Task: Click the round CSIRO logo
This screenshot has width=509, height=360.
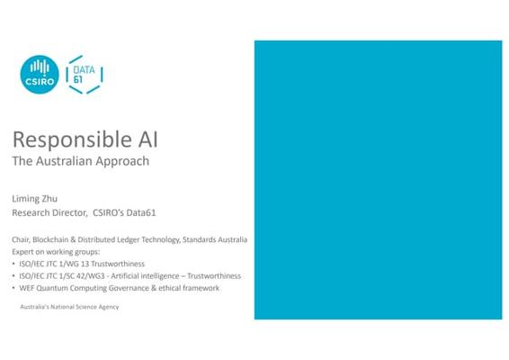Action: click(40, 75)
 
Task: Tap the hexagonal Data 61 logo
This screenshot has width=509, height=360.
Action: click(85, 75)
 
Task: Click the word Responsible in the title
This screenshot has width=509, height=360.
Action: click(72, 140)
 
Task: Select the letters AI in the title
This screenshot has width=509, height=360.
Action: click(148, 139)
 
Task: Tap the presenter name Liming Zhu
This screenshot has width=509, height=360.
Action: click(35, 199)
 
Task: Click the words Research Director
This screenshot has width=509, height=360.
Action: click(49, 212)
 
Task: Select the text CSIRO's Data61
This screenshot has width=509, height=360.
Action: click(124, 212)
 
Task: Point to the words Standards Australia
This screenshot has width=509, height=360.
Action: click(215, 239)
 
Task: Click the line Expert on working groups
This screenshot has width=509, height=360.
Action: click(56, 252)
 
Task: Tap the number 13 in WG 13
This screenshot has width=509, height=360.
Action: click(85, 264)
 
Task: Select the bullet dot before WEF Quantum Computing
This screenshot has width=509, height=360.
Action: click(13, 287)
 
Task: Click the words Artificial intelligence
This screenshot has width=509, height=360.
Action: click(145, 275)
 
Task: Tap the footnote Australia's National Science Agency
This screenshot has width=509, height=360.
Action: click(69, 307)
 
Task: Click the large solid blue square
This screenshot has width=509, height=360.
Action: click(379, 180)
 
